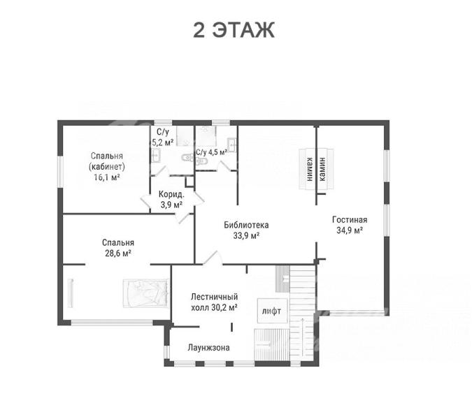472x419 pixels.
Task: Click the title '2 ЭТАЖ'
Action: coord(234,30)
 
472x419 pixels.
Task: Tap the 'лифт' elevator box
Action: coord(273,311)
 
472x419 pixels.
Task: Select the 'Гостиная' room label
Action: coord(350,220)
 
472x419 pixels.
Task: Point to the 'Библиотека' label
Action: coord(246,225)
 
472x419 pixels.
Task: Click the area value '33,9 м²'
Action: coord(246,235)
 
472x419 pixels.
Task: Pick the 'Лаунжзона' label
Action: coord(208,348)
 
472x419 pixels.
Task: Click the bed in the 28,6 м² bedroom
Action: coord(145,293)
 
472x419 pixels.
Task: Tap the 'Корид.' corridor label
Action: coord(171,194)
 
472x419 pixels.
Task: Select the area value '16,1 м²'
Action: coord(107,177)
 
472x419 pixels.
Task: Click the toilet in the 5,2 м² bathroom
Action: coord(187,158)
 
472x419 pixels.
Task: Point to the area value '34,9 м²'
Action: coord(350,230)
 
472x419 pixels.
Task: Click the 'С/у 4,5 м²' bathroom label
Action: coord(211,152)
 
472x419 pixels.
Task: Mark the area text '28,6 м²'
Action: coord(118,253)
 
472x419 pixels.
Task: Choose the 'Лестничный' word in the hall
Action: coord(215,297)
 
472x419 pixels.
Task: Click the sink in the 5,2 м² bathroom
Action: coord(155,155)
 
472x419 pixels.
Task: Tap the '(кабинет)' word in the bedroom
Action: coord(107,166)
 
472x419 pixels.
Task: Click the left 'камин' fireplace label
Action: coord(309,170)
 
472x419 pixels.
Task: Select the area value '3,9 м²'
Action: coord(171,205)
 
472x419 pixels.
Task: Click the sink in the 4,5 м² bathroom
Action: coord(231,145)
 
